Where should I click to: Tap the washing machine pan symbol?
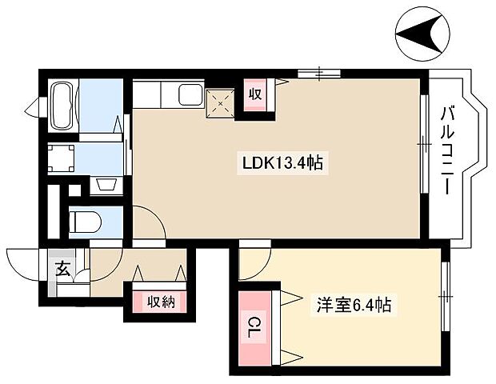tap(62, 159)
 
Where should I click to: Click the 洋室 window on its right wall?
tap(444, 297)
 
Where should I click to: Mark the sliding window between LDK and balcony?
tap(423, 144)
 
